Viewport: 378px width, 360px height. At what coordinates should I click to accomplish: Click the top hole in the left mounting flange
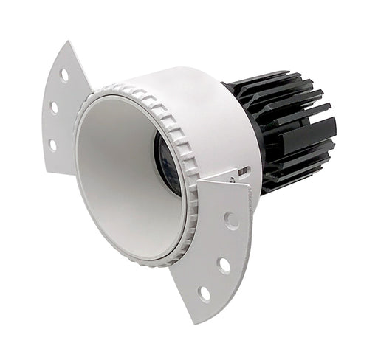(x=65, y=74)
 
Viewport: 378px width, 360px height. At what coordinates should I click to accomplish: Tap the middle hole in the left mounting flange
(x=55, y=108)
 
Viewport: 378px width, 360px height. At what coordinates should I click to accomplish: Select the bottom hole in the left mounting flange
(x=52, y=145)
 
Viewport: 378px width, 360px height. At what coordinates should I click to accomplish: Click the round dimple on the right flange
(x=232, y=220)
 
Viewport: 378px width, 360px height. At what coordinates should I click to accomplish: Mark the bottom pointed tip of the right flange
(x=193, y=322)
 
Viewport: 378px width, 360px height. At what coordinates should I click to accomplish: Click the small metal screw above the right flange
(x=233, y=177)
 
